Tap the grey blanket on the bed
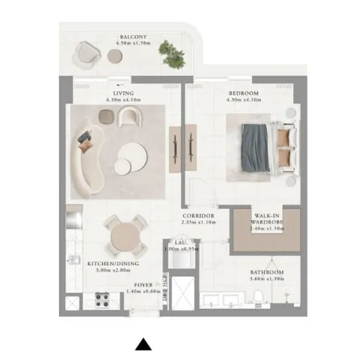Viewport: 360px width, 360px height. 255,147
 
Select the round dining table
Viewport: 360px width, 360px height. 124,235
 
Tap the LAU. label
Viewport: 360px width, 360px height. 181,243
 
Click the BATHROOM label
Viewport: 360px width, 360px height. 266,272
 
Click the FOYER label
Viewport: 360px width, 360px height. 144,285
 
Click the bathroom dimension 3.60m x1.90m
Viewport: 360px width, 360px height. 266,279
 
